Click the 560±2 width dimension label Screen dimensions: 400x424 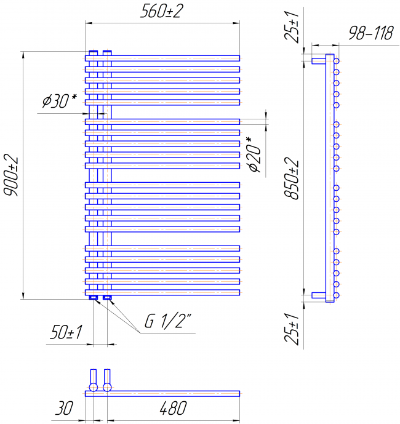[162, 11]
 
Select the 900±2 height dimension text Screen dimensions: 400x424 [11, 176]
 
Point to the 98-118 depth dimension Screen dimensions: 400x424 [370, 33]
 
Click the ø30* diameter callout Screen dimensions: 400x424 [60, 101]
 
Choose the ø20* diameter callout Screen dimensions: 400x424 [255, 154]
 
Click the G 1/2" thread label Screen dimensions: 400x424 [168, 321]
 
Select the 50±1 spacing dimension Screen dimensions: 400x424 [66, 332]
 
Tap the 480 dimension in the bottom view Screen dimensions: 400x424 [174, 408]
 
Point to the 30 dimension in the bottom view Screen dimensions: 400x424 [64, 408]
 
